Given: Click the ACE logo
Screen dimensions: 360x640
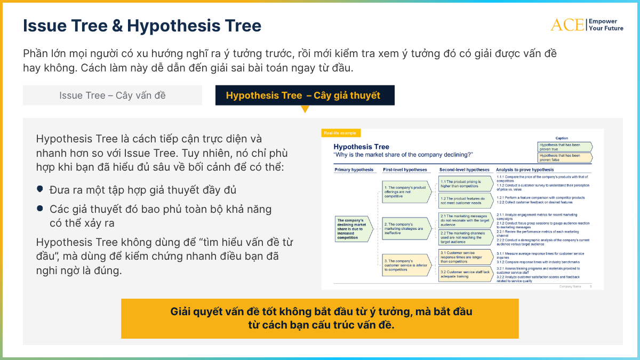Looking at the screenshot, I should (567, 25).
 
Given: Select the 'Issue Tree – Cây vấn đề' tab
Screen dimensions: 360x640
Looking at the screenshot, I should (113, 95).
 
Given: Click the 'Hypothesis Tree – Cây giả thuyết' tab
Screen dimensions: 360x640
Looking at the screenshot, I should (305, 95).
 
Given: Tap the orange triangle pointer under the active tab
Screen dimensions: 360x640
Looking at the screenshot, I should (305, 109).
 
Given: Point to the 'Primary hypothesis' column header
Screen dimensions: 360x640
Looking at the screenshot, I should (354, 170).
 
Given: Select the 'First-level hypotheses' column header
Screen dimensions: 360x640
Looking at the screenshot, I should (405, 170).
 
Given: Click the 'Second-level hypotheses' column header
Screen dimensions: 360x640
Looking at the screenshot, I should (464, 170).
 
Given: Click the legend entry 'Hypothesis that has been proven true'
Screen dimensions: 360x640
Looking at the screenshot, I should (564, 147).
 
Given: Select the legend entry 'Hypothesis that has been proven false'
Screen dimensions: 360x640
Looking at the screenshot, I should (564, 157).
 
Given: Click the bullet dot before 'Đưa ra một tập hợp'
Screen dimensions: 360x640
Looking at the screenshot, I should (40, 189).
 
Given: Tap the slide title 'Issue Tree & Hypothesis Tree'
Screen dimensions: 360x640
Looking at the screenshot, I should (142, 26).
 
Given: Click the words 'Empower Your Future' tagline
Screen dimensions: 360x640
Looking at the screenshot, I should (605, 25).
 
